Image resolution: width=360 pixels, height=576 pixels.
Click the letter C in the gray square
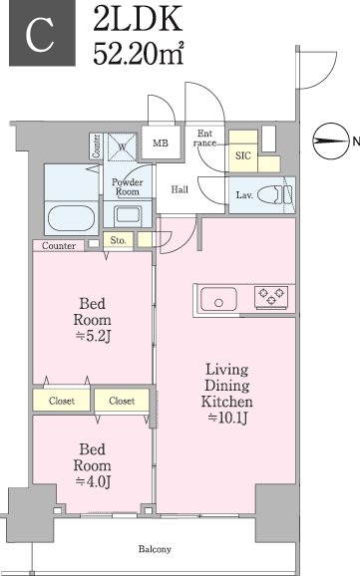coord(40,35)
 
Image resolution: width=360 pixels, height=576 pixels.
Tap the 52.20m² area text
coord(139,54)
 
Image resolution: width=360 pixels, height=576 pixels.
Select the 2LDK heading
coord(138,18)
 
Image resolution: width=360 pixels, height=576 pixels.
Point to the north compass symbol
coord(330,141)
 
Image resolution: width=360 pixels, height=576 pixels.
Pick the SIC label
coord(243,155)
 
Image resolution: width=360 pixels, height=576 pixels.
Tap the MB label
coord(161,143)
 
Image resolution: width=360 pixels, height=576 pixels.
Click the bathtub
coord(71,218)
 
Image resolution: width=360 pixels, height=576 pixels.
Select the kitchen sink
coord(218,299)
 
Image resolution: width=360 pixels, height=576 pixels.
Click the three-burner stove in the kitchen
coord(271,297)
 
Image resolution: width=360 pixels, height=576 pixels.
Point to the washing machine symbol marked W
coord(122,146)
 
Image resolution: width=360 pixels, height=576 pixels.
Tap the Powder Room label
coord(128,187)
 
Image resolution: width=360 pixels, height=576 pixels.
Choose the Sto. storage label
coord(118,240)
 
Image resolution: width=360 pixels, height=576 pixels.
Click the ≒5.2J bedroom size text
coord(93,336)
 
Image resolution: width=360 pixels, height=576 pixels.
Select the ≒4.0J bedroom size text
coord(93,481)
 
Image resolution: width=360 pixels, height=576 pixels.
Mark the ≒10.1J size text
coord(227,418)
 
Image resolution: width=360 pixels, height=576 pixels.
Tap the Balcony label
coord(155,549)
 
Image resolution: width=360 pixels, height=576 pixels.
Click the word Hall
coord(180,189)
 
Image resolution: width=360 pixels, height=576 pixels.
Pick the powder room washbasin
coord(128,215)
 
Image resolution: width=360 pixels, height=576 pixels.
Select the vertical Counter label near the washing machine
coord(97,146)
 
